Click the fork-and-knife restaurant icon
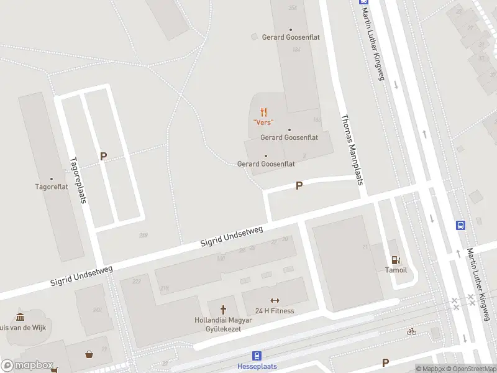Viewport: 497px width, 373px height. pyautogui.click(x=263, y=112)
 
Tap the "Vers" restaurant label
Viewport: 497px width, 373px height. pyautogui.click(x=263, y=122)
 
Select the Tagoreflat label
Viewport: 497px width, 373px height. pyautogui.click(x=52, y=186)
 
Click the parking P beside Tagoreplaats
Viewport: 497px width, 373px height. pyautogui.click(x=103, y=157)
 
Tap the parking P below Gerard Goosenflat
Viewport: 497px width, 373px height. pyautogui.click(x=299, y=185)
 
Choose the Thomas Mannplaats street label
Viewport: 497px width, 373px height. pyautogui.click(x=351, y=149)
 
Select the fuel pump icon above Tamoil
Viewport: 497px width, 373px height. pyautogui.click(x=394, y=260)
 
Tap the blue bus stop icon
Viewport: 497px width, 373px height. pyautogui.click(x=461, y=225)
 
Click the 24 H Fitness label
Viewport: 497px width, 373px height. pyautogui.click(x=275, y=311)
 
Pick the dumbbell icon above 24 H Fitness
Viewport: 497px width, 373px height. pyautogui.click(x=275, y=301)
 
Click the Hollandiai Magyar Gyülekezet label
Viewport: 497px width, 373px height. pyautogui.click(x=223, y=324)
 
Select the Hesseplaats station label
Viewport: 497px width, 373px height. pyautogui.click(x=257, y=366)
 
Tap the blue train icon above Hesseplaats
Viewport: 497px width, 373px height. pyautogui.click(x=257, y=356)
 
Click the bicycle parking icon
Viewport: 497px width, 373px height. pyautogui.click(x=411, y=331)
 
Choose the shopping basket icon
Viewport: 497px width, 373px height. pyautogui.click(x=89, y=354)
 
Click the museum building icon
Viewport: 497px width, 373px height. pyautogui.click(x=20, y=316)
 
